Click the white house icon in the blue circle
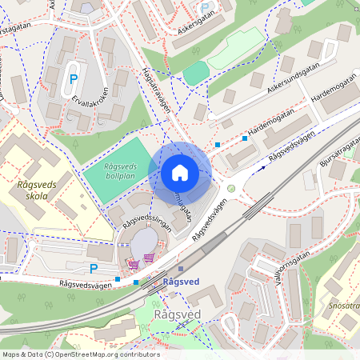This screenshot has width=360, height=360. (180, 173)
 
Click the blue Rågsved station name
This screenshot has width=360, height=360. (181, 282)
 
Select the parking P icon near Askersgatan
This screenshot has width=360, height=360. (206, 8)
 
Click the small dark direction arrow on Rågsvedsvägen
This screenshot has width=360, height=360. (260, 169)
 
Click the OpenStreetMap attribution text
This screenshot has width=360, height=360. (70, 354)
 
